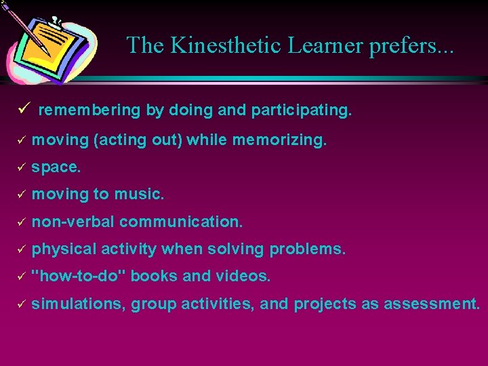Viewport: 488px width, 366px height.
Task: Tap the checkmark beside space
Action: click(20, 167)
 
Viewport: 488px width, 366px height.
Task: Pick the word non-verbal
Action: click(73, 222)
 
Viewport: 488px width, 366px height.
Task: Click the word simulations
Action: click(77, 304)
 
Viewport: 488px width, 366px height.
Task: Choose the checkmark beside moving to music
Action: click(20, 195)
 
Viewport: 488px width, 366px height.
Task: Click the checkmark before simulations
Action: click(20, 304)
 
